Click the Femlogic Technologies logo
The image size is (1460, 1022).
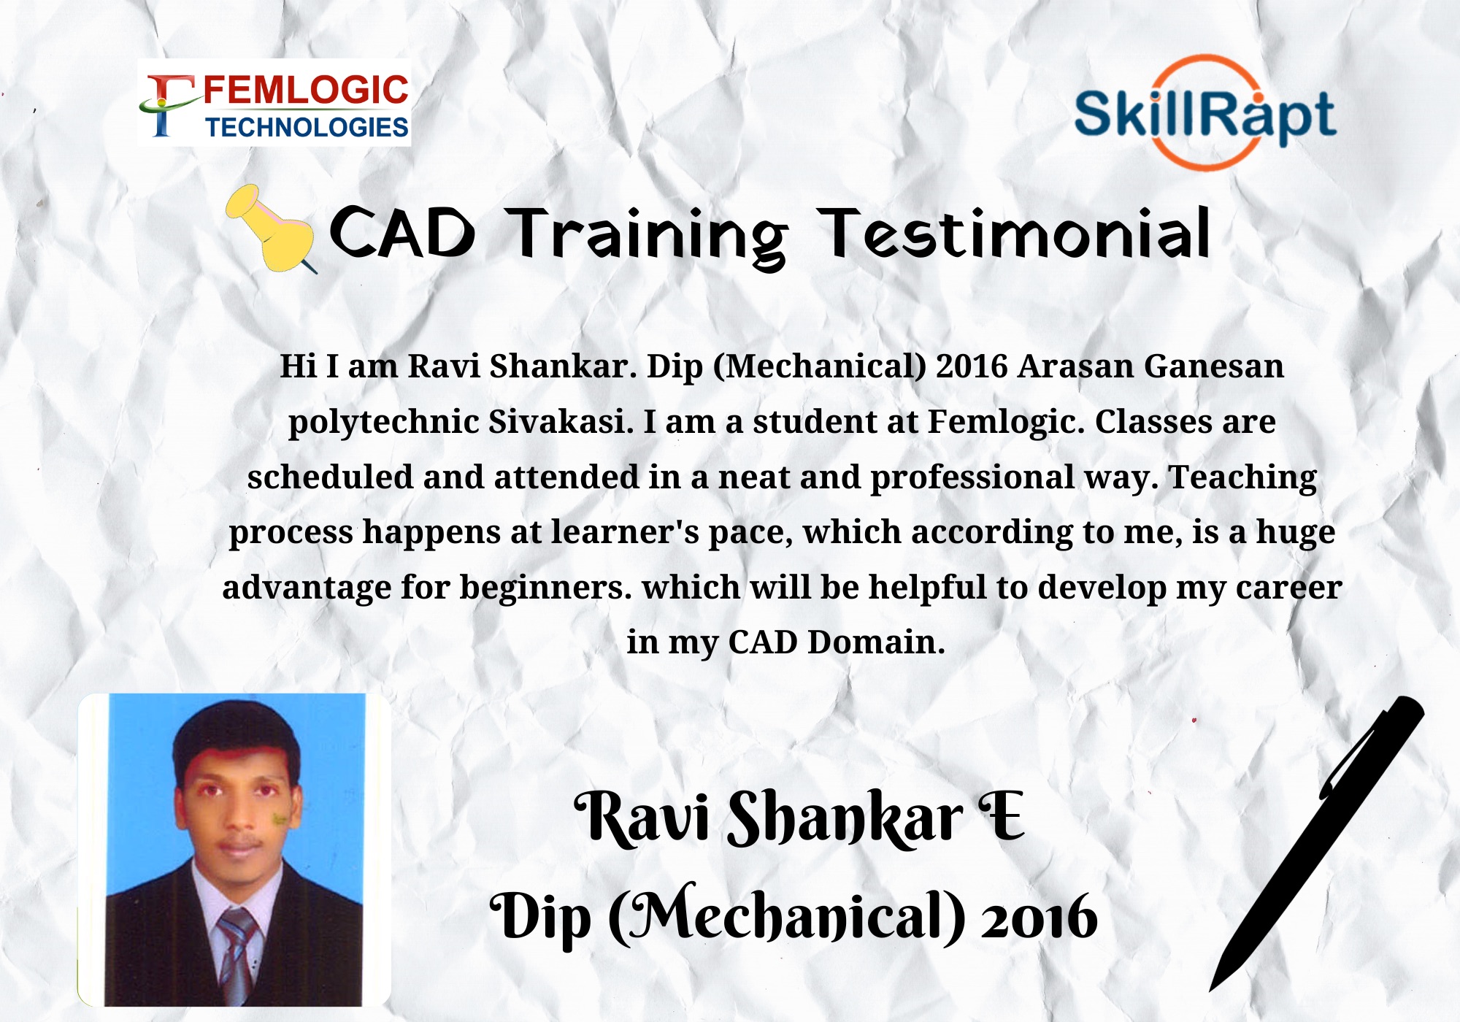tap(274, 103)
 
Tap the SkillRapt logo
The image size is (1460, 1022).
tap(1205, 113)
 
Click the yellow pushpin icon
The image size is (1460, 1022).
tap(271, 228)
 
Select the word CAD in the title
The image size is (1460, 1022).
tap(402, 233)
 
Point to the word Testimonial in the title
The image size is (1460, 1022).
tap(1014, 234)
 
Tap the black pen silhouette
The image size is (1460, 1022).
tap(1316, 843)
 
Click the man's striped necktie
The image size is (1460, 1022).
tap(237, 953)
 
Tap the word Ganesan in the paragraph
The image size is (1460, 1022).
tap(1213, 366)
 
